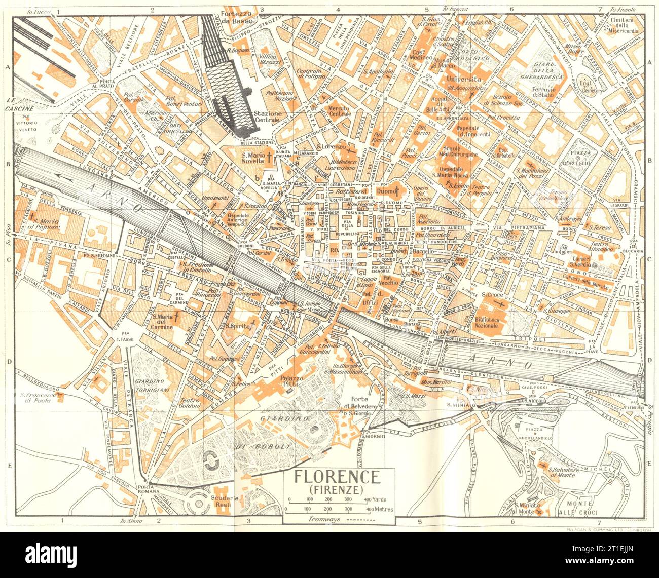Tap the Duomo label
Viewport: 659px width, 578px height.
click(387, 191)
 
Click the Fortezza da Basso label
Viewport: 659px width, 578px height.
click(241, 17)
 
